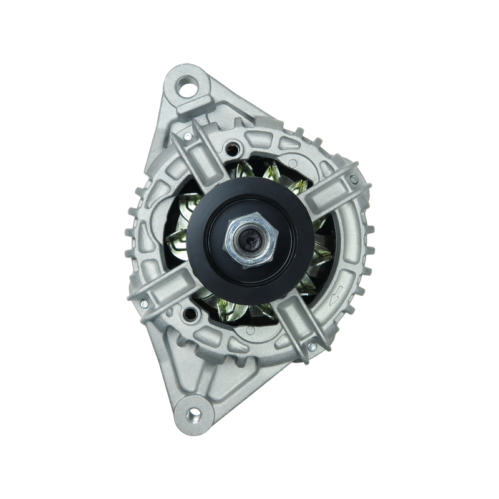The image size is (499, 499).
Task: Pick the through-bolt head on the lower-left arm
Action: click(143, 304)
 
